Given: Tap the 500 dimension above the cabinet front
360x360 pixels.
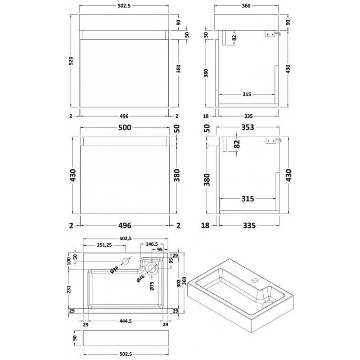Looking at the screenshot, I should tap(125, 127).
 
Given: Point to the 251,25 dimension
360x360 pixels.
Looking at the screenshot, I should tap(105, 245).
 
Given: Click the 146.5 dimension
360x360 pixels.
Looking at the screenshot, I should tap(149, 245).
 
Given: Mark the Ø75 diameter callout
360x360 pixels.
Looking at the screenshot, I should tap(152, 287).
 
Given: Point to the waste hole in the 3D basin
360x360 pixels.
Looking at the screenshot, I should tap(265, 305).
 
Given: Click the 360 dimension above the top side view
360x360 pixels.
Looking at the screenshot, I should tap(246, 7).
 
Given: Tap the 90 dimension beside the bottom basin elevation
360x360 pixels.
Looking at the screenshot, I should tap(75, 337).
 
